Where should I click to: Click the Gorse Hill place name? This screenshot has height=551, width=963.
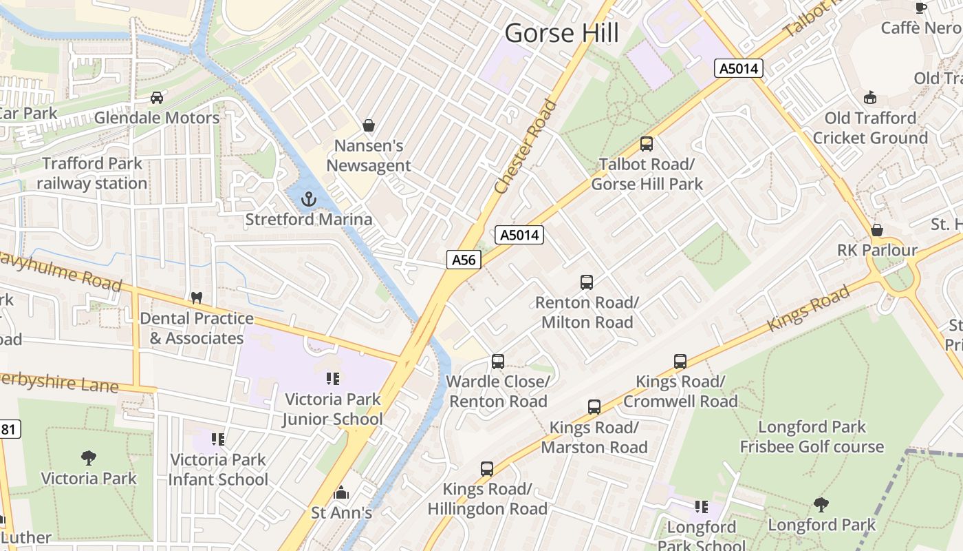561,33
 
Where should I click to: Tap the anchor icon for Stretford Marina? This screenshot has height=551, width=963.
309,200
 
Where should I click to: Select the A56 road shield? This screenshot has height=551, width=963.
464,260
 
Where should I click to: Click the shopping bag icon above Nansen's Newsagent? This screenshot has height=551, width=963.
369,125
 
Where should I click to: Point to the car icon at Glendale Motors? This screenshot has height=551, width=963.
157,98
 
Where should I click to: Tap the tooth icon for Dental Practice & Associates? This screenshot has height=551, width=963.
196,298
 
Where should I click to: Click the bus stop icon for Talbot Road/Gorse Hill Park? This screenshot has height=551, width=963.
647,144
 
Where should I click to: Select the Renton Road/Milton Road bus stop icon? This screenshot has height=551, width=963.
587,282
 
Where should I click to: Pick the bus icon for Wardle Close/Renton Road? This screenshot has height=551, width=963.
498,362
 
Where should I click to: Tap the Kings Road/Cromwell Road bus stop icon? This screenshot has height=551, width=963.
680,362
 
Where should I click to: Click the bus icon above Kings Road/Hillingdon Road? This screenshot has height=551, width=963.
487,469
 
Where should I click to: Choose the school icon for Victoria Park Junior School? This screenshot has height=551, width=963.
333,379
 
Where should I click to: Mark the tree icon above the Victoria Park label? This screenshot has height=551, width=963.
89,458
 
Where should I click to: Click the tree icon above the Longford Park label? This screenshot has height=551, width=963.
821,505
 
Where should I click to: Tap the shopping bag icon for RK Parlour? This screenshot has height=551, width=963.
877,230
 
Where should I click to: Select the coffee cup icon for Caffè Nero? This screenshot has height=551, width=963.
921,8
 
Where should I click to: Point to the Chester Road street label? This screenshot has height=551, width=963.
526,147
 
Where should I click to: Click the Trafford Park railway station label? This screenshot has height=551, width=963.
91,174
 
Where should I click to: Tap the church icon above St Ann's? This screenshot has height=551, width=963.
341,493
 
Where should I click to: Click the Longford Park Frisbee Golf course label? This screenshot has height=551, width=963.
812,437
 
